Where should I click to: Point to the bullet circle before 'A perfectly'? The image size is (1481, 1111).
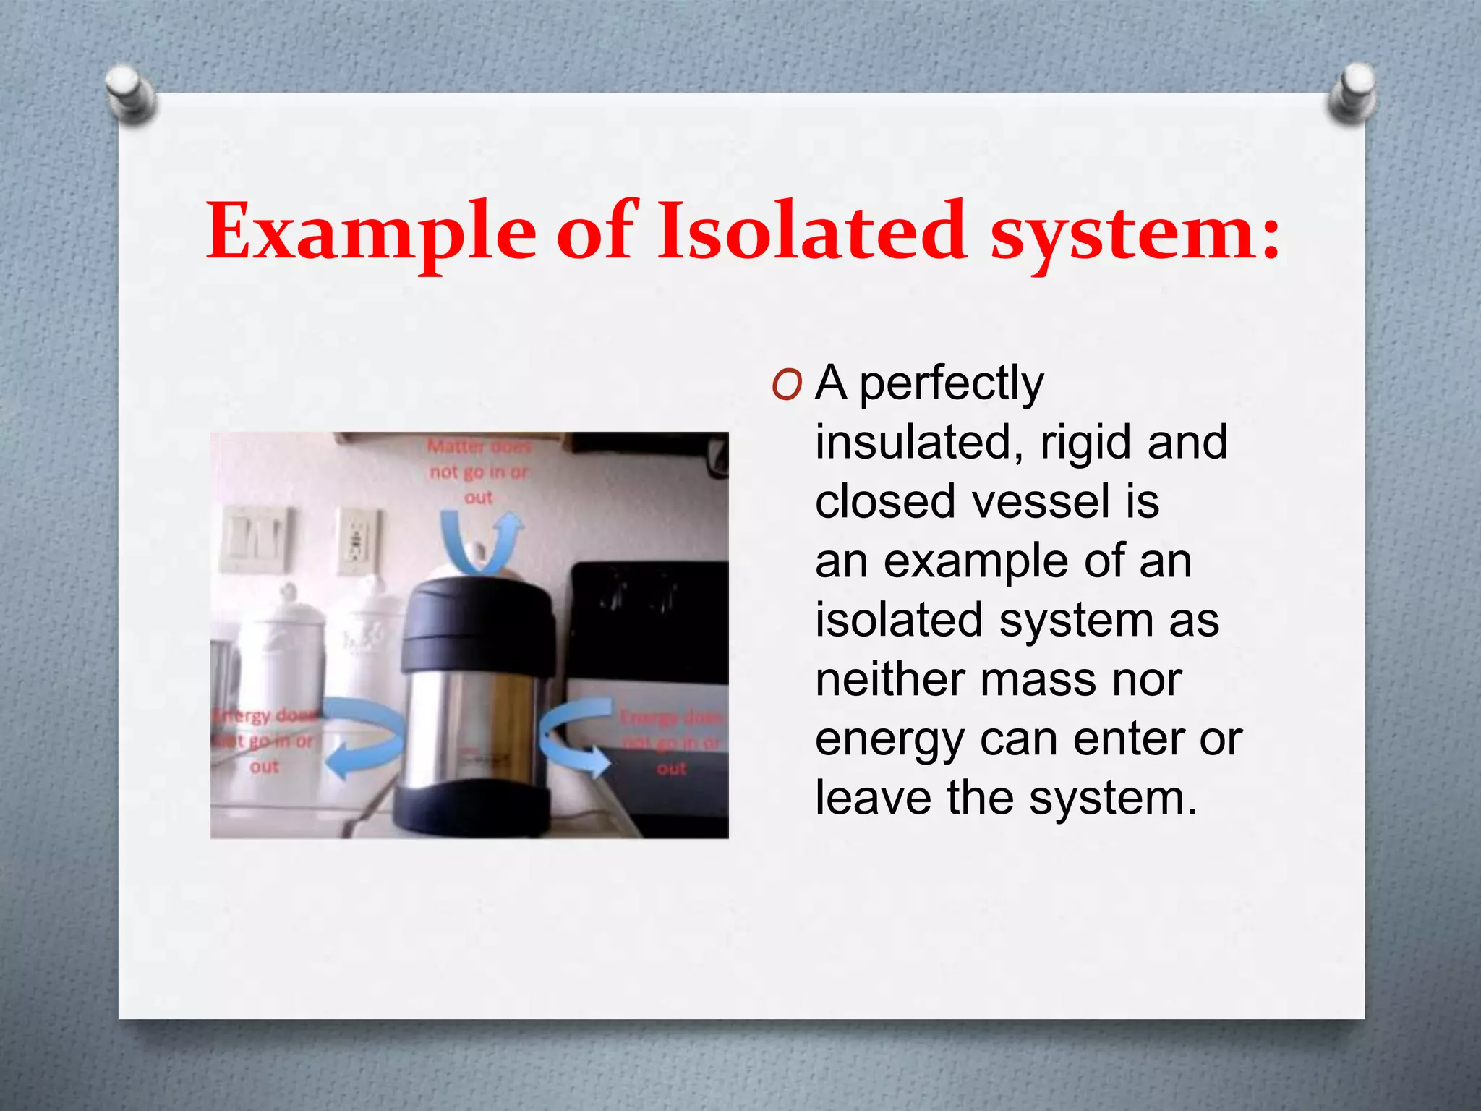coord(787,386)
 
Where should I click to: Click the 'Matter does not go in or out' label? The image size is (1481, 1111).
coord(479,472)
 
